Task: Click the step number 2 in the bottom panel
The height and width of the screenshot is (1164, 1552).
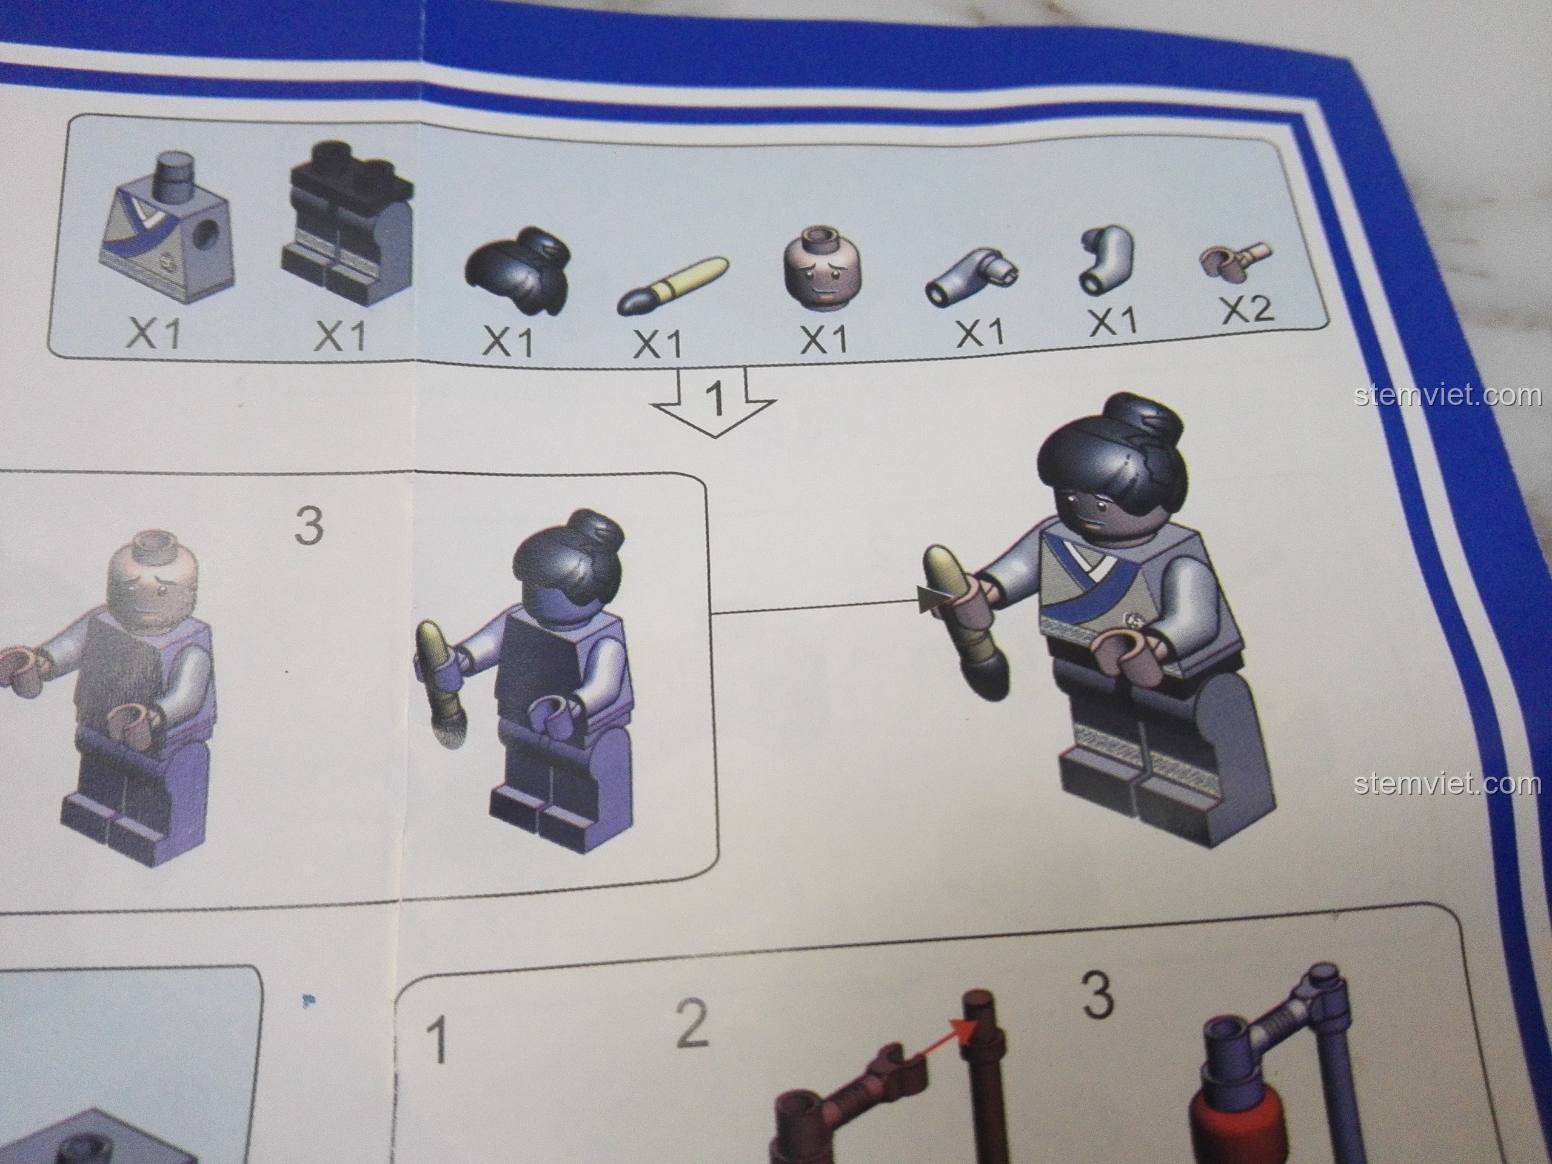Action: (x=692, y=1026)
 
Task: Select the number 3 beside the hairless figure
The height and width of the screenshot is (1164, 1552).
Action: (x=309, y=526)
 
